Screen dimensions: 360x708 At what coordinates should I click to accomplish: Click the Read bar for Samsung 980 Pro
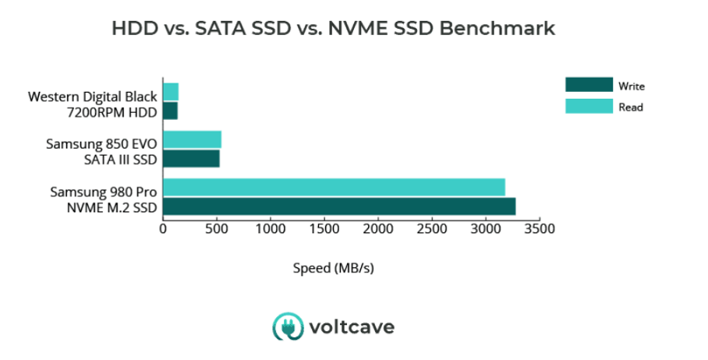(334, 187)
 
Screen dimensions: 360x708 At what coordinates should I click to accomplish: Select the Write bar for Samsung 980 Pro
(339, 206)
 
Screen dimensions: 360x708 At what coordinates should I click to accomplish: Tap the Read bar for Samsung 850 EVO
(192, 139)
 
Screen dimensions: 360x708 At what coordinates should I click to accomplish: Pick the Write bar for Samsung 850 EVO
(191, 159)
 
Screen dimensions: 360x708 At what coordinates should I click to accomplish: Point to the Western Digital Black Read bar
(171, 92)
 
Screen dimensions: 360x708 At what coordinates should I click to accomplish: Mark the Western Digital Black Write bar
(170, 111)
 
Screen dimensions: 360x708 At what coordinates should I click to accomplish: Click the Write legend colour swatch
(589, 86)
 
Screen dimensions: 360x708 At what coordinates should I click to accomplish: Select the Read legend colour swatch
(589, 107)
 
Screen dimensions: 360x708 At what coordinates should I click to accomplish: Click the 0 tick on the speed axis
(163, 229)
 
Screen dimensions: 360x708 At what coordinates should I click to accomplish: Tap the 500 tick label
(217, 229)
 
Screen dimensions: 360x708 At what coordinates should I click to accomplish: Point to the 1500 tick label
(324, 229)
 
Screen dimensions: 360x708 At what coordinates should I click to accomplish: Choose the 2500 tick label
(432, 229)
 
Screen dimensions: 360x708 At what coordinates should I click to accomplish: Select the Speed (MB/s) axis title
(334, 268)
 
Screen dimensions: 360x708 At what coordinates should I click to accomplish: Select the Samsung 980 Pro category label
(104, 191)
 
